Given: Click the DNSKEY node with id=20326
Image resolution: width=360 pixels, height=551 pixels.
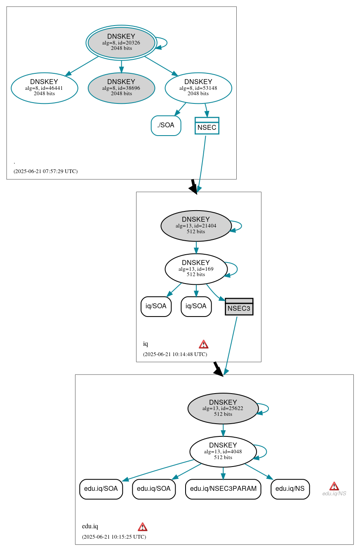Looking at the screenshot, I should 121,42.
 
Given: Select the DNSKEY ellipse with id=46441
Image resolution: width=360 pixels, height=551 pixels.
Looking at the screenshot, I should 45,88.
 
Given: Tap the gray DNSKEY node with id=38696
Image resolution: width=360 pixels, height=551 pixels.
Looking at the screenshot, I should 121,88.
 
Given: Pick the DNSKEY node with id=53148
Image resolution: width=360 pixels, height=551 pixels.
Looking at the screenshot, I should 198,88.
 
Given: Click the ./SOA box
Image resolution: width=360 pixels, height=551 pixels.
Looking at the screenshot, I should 166,126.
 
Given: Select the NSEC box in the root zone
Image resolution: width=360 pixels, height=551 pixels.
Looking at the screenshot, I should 207,126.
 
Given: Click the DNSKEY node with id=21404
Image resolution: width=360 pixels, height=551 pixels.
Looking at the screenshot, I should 196,225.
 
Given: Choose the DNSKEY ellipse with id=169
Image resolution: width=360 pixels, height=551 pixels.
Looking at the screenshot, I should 196,269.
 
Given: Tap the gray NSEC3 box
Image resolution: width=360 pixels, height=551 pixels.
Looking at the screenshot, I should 239,307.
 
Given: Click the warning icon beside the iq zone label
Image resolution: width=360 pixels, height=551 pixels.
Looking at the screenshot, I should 203,344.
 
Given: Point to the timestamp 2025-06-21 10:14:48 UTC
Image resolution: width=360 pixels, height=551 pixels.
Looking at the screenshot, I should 175,354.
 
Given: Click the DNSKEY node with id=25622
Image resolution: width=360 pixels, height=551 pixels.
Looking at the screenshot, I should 223,408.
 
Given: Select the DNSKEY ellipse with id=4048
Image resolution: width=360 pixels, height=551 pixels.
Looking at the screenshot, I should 223,451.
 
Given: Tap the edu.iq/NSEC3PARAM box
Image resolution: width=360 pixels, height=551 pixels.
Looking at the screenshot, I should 223,489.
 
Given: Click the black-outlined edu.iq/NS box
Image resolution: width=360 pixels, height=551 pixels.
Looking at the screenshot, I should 290,489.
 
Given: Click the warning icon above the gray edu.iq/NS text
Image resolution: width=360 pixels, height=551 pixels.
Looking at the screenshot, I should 334,486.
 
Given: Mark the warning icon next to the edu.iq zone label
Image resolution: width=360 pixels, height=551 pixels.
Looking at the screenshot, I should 142,527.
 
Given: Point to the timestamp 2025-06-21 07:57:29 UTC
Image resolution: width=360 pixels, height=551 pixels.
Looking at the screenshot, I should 45,171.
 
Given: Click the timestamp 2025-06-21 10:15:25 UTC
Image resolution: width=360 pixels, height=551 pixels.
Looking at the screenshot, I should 114,537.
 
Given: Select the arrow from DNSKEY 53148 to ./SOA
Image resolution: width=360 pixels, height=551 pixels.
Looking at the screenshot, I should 180,109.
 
